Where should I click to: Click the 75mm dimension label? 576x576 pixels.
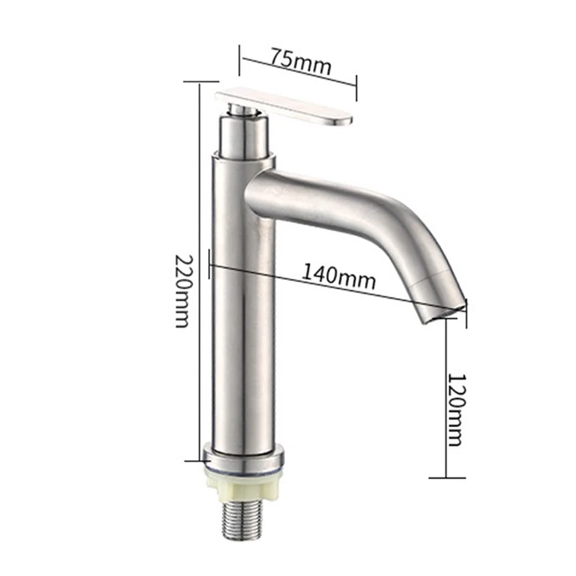tap(301, 60)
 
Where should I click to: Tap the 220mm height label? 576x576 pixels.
tap(183, 291)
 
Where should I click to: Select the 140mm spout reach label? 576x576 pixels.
tap(338, 276)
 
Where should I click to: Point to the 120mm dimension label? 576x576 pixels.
tap(456, 410)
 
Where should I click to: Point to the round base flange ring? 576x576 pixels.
tap(243, 456)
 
